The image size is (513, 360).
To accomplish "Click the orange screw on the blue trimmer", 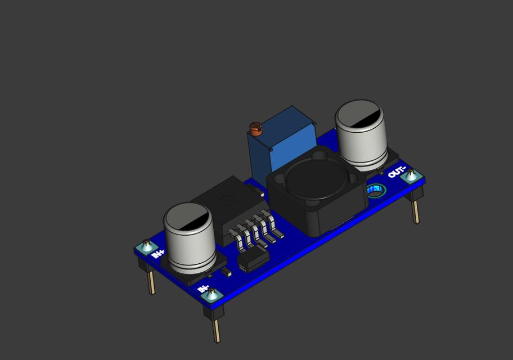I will tap(256, 129).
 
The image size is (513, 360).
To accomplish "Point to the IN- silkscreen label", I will tap(203, 289).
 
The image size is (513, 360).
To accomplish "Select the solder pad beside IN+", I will tap(146, 246).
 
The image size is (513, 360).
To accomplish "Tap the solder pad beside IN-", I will tap(213, 294).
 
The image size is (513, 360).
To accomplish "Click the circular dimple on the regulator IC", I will tap(227, 200).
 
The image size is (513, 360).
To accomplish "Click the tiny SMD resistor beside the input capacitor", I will tap(227, 272).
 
